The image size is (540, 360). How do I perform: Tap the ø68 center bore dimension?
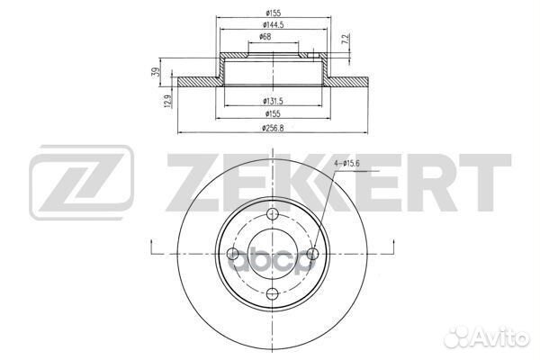(x=267, y=37)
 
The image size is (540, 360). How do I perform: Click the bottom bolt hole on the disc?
(x=273, y=292)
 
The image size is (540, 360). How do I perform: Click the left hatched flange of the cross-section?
(x=198, y=83)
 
